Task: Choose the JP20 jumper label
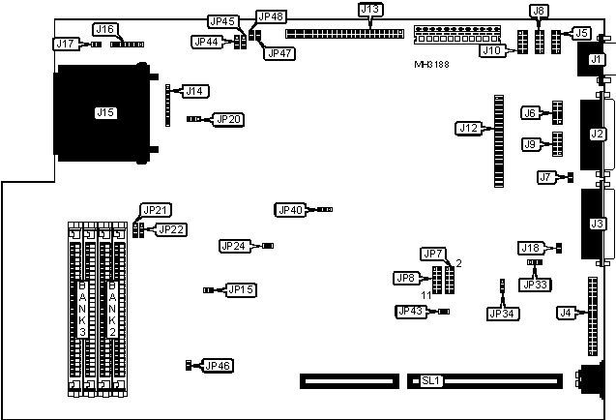pyautogui.click(x=229, y=119)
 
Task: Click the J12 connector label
pyautogui.click(x=468, y=127)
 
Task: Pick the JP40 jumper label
pyautogui.click(x=289, y=209)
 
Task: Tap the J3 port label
pyautogui.click(x=597, y=225)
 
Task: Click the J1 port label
pyautogui.click(x=596, y=61)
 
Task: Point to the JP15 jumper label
pyautogui.click(x=241, y=289)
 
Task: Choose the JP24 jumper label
pyautogui.click(x=234, y=246)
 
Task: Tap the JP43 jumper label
pyautogui.click(x=410, y=311)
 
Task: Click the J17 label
pyautogui.click(x=65, y=44)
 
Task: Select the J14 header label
pyautogui.click(x=194, y=91)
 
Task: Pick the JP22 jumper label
pyautogui.click(x=171, y=229)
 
